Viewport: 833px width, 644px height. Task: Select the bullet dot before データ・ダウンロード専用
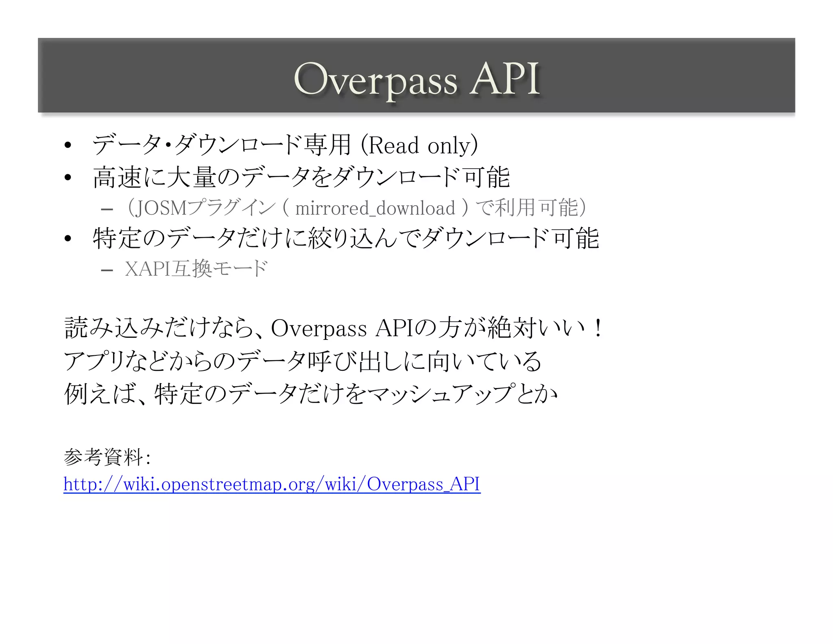[x=68, y=145]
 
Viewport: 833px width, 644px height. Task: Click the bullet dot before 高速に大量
[x=68, y=177]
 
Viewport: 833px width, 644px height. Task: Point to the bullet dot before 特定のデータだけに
[x=68, y=239]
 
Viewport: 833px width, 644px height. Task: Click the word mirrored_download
[x=375, y=208]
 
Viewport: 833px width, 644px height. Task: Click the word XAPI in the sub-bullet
[x=147, y=269]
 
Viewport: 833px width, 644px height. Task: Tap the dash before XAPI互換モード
[x=107, y=270]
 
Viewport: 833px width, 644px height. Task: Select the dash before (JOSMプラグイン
[x=107, y=210]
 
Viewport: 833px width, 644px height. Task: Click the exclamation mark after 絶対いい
[x=597, y=328]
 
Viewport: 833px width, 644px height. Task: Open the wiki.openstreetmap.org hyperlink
[x=272, y=484]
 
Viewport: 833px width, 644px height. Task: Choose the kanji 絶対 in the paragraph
[x=512, y=328]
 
